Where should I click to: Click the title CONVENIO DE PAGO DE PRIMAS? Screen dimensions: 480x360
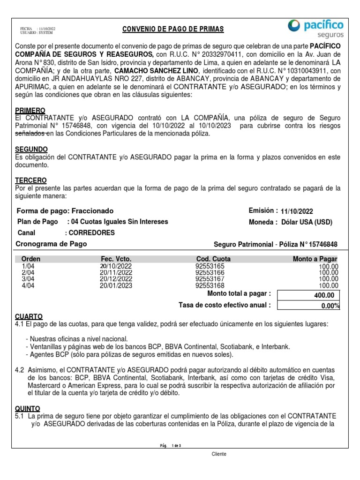(x=173, y=30)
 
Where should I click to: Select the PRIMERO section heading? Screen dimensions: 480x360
(x=30, y=110)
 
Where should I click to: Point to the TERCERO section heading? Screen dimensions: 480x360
(x=31, y=180)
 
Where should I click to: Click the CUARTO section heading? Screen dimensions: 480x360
(x=29, y=317)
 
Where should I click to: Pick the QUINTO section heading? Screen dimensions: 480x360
(x=28, y=408)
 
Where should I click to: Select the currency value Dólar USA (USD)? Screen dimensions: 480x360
(x=307, y=222)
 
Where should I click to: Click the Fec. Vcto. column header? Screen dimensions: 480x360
(x=116, y=259)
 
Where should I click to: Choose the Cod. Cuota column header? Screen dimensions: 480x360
(x=213, y=259)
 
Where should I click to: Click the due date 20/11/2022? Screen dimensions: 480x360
(x=116, y=272)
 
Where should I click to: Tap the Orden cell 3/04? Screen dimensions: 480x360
(x=28, y=279)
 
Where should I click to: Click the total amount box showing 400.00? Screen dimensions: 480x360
(x=308, y=295)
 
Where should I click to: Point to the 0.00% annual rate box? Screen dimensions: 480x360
(x=308, y=306)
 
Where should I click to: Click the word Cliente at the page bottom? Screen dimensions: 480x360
(x=219, y=454)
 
